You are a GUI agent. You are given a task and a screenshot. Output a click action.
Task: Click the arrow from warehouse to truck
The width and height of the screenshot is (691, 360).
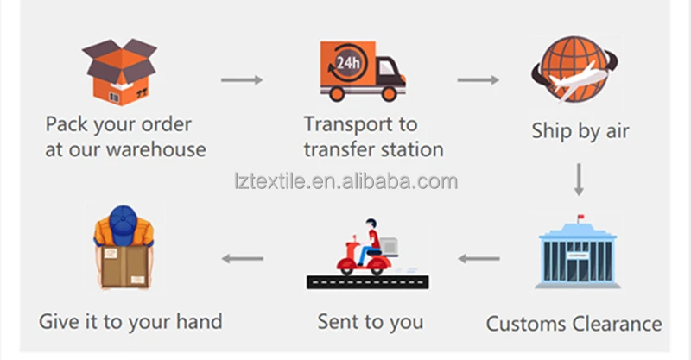click(x=241, y=80)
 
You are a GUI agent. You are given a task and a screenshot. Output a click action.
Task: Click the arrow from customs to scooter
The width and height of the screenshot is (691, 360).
click(x=478, y=258)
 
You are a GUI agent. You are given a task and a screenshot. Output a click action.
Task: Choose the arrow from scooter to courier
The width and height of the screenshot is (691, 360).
click(x=243, y=258)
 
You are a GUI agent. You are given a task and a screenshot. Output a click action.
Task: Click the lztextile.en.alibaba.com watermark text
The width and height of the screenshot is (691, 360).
click(x=345, y=181)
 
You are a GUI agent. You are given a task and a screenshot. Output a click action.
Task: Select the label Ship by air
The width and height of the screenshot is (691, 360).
click(x=580, y=131)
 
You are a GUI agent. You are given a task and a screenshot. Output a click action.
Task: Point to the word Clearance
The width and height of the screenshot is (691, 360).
click(x=615, y=325)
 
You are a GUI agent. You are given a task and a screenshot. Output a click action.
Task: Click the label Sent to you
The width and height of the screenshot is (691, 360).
click(x=371, y=322)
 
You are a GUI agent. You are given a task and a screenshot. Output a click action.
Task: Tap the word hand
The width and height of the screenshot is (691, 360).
click(x=198, y=321)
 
